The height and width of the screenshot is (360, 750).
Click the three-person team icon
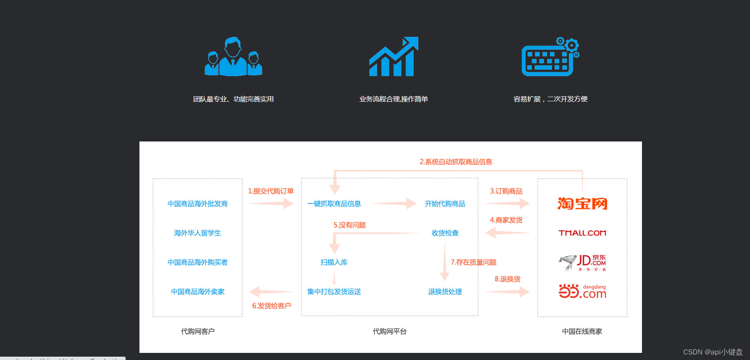click(x=233, y=57)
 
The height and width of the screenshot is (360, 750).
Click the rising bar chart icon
click(x=394, y=57)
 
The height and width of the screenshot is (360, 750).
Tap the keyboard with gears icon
click(x=550, y=57)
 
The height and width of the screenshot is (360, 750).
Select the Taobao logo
click(x=582, y=204)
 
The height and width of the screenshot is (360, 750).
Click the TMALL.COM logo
click(x=582, y=233)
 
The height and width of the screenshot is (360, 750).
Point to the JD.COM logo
click(x=582, y=262)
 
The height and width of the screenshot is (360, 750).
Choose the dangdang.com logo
click(x=582, y=291)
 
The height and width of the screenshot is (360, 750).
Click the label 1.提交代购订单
click(x=271, y=191)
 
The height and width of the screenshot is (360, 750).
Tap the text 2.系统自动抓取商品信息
click(x=456, y=162)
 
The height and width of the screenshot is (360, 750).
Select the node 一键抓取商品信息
click(x=334, y=204)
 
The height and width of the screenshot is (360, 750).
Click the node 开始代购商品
click(x=445, y=204)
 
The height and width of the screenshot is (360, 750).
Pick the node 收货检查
click(x=445, y=233)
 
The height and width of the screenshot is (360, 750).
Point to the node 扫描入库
click(x=334, y=262)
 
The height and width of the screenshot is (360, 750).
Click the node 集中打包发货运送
click(x=334, y=292)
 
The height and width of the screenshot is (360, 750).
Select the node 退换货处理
click(x=445, y=292)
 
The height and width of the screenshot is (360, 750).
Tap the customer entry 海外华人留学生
click(x=198, y=233)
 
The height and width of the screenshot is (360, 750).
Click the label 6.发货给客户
click(x=271, y=306)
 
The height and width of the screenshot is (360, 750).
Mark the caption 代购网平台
click(x=389, y=332)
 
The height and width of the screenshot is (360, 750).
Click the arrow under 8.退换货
click(x=507, y=292)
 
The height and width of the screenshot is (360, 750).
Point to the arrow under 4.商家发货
click(x=507, y=233)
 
